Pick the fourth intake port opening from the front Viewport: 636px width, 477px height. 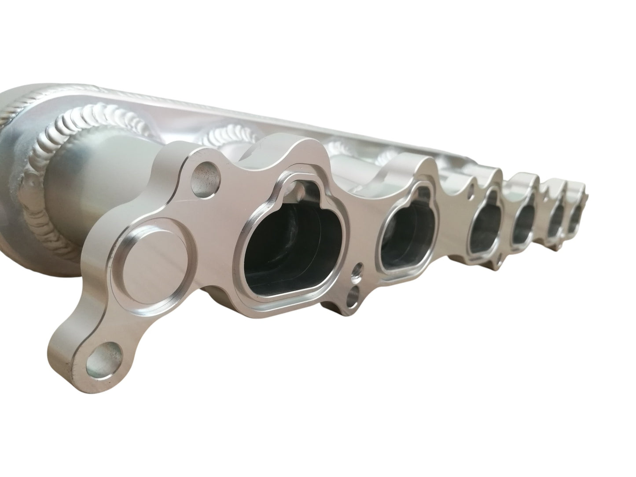[524, 222]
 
